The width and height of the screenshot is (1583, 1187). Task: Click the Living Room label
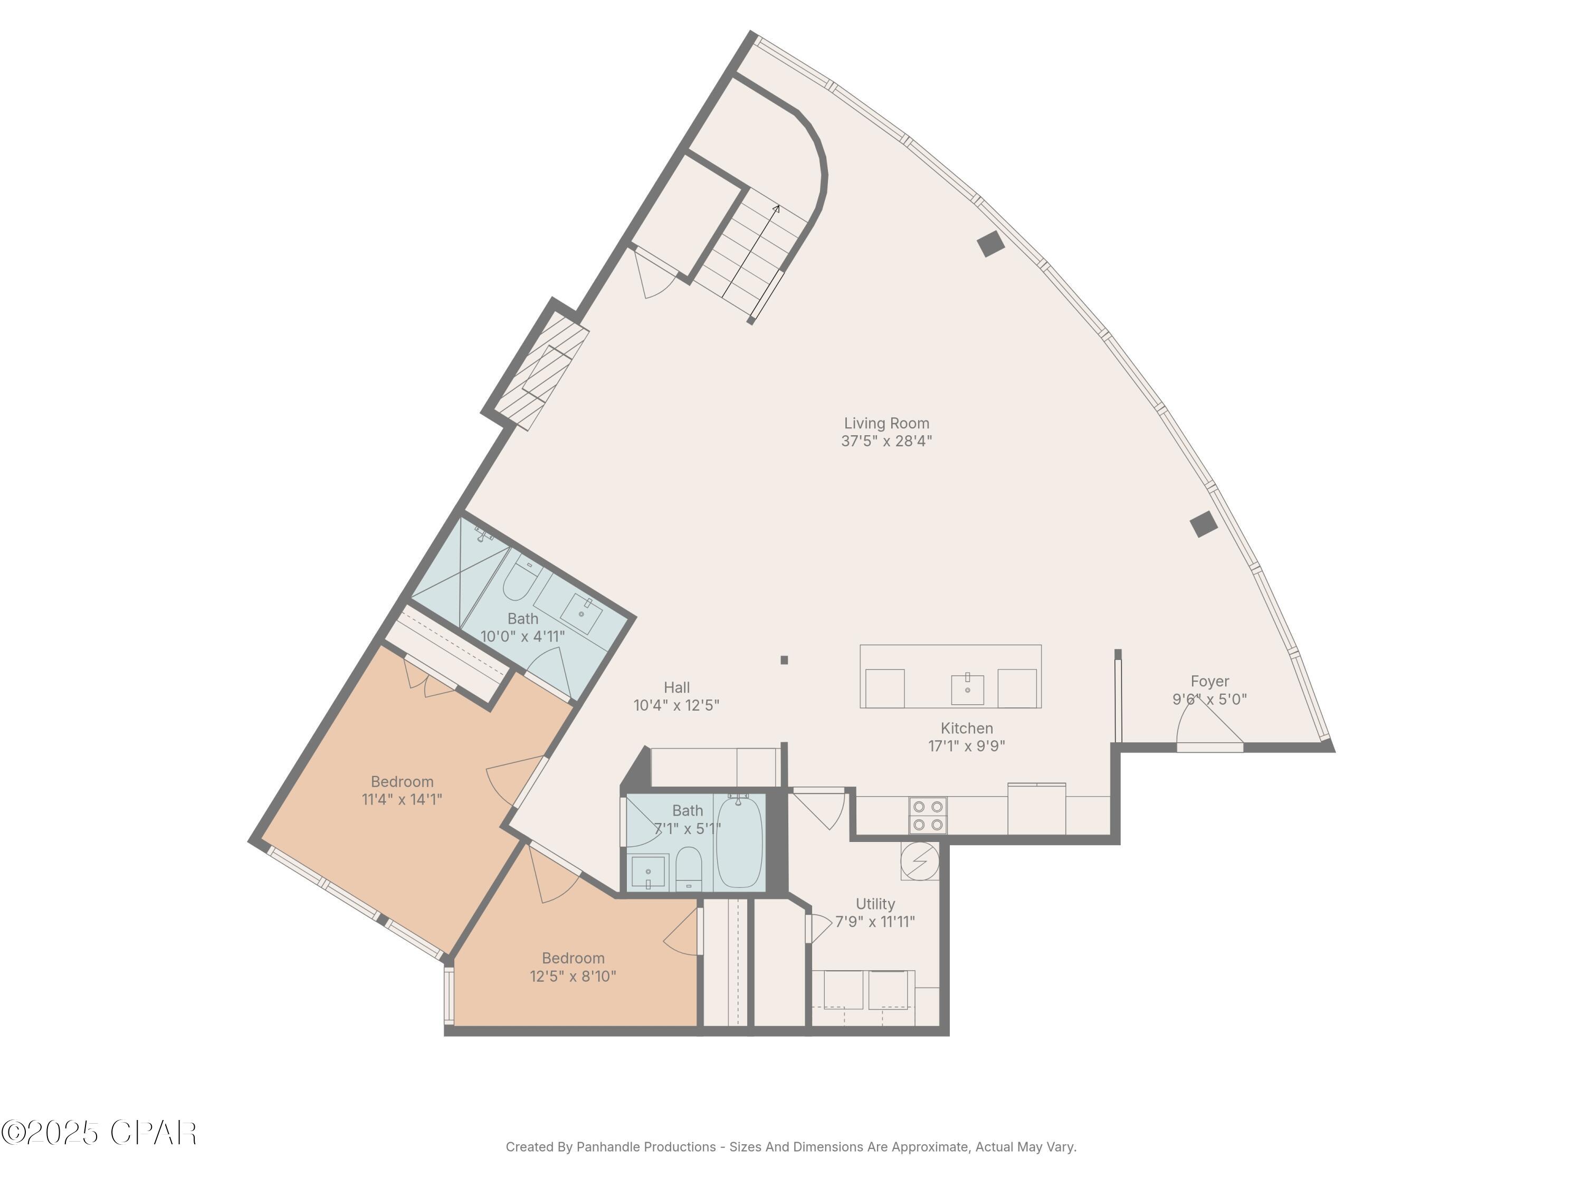pyautogui.click(x=886, y=424)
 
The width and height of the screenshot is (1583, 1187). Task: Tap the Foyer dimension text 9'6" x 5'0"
pyautogui.click(x=1209, y=700)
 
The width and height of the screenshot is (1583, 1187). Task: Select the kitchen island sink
pyautogui.click(x=967, y=688)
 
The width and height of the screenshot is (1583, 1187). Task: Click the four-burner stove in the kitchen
pyautogui.click(x=928, y=815)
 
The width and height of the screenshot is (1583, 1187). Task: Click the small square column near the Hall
pyautogui.click(x=784, y=659)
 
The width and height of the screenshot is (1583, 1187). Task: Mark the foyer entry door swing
pyautogui.click(x=1209, y=726)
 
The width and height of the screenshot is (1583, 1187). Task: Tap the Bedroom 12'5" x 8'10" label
pyautogui.click(x=573, y=958)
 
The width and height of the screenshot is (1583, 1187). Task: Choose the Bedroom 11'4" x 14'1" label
pyautogui.click(x=402, y=781)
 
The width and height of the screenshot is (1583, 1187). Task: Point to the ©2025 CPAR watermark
pyautogui.click(x=99, y=1133)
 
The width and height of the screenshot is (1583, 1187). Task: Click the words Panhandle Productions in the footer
pyautogui.click(x=645, y=1147)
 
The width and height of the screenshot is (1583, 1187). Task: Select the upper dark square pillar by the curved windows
pyautogui.click(x=990, y=244)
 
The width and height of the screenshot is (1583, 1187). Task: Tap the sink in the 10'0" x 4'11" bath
pyautogui.click(x=581, y=613)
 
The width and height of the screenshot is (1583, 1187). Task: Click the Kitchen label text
pyautogui.click(x=966, y=729)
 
